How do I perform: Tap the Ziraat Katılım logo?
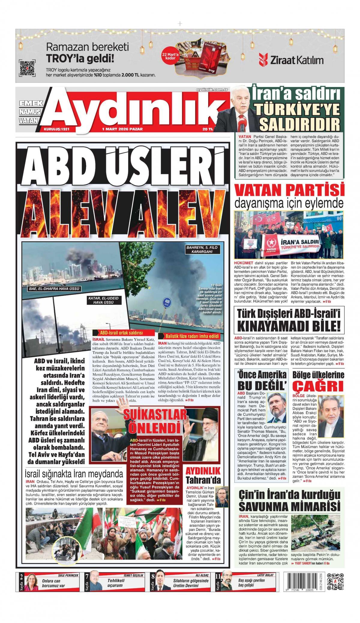tap(291, 60)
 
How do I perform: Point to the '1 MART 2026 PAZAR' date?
tap(122, 129)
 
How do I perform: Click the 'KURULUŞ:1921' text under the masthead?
tap(57, 129)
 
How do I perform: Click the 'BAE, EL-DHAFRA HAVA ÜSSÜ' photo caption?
tap(52, 289)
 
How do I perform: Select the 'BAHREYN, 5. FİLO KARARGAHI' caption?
tap(203, 250)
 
